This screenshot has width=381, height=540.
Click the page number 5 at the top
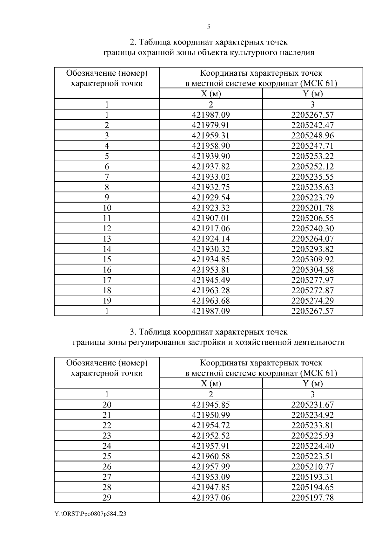(209, 27)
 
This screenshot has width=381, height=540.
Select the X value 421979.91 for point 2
(211, 125)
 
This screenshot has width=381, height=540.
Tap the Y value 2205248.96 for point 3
(312, 135)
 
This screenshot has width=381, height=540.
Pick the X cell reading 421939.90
(211, 156)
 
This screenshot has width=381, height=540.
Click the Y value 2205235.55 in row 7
(312, 177)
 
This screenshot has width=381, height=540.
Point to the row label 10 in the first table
(107, 208)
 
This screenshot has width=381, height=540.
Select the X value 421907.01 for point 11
(211, 218)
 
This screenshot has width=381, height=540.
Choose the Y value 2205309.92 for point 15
(312, 259)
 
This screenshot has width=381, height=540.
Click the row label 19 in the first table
(107, 301)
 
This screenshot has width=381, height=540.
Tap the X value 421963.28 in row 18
(211, 290)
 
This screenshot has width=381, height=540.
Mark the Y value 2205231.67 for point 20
(312, 405)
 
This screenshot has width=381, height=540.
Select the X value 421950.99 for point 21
(211, 415)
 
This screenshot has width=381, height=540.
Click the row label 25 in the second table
(107, 456)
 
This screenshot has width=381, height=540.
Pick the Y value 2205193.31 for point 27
(312, 477)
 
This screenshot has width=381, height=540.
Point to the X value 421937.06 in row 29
(211, 498)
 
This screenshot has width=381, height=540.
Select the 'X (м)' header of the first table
(211, 93)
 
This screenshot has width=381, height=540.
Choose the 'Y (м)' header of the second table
(312, 383)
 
